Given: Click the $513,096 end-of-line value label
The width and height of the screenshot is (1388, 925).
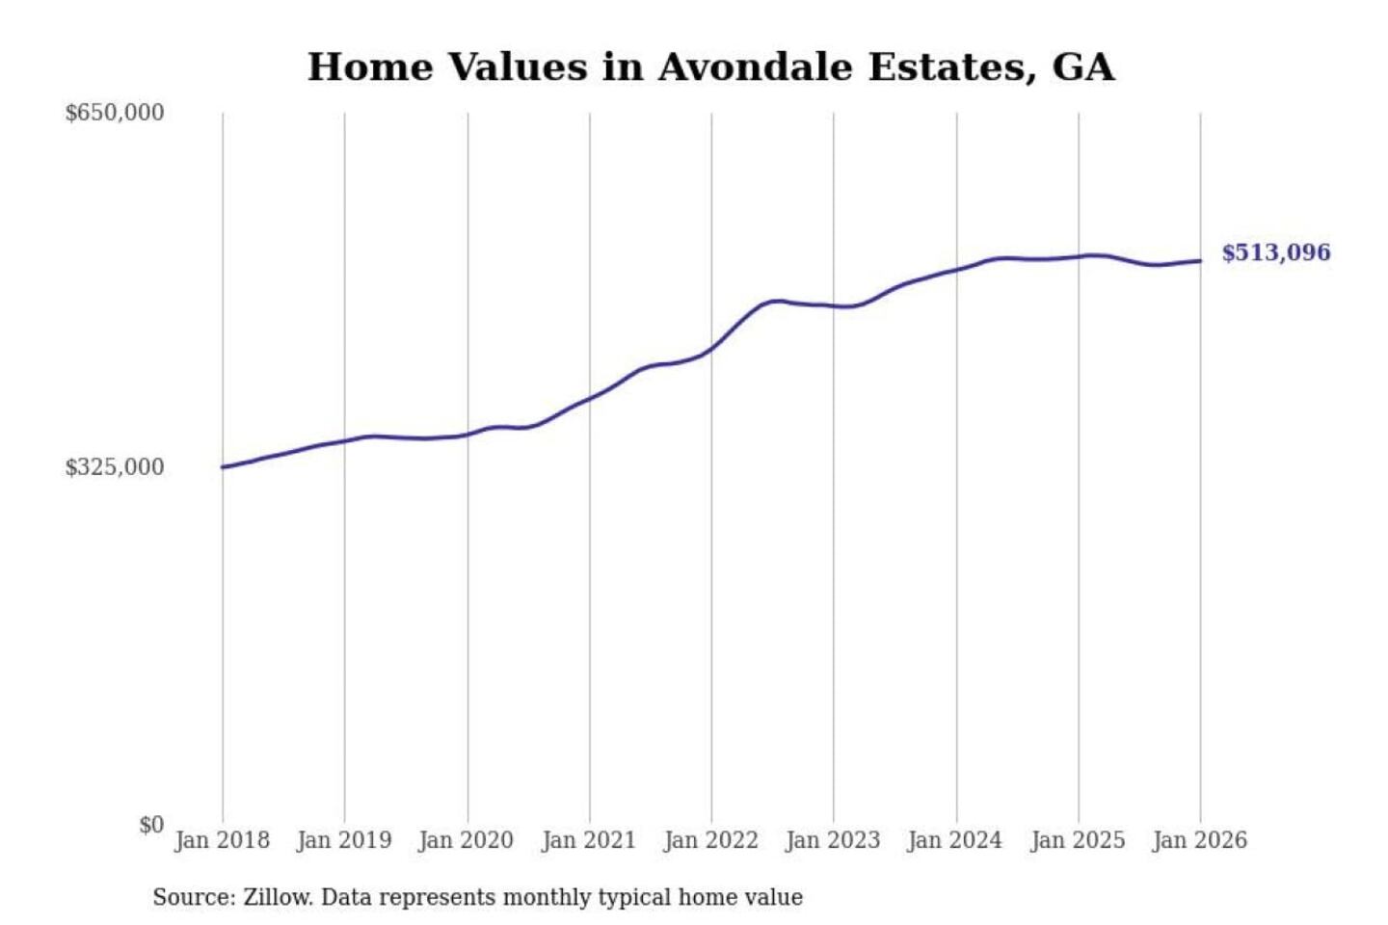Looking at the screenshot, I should [x=1275, y=252].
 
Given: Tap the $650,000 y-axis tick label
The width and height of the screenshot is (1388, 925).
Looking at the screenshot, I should [x=114, y=113].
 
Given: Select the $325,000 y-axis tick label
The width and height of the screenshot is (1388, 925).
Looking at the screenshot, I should [x=114, y=467].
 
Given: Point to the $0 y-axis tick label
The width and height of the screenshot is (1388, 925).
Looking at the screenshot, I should [x=151, y=825].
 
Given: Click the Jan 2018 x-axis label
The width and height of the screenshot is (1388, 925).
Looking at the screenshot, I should [x=222, y=840].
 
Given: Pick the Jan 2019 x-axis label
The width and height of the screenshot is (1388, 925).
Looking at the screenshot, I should [x=344, y=840].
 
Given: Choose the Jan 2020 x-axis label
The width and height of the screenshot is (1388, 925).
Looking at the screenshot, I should [x=466, y=840].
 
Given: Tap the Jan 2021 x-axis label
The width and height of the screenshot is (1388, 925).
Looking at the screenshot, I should [x=589, y=840].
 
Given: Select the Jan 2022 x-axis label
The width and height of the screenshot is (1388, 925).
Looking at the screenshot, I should [x=711, y=840].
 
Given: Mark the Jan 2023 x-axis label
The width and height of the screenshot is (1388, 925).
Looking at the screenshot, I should [x=833, y=840].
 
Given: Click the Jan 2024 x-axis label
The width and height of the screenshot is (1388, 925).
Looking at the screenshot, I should [x=955, y=840].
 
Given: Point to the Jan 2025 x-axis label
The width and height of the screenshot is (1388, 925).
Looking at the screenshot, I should [x=1078, y=840].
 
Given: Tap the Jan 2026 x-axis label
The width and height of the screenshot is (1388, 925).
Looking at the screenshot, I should [x=1200, y=840].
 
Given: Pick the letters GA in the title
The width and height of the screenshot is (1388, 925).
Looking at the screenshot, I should [x=1083, y=67].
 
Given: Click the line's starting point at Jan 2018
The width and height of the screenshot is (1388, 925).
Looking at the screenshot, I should [x=223, y=467].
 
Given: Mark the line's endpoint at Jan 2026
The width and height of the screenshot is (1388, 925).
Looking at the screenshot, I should [x=1200, y=261].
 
